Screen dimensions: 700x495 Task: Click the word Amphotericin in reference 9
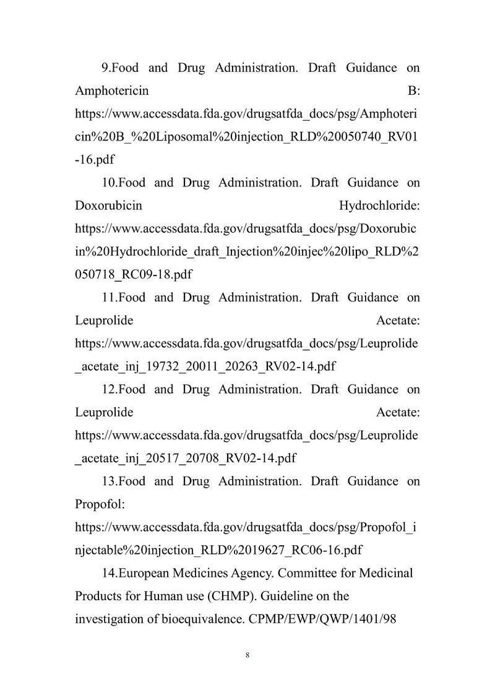[111, 91]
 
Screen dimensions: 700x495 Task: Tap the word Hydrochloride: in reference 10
[379, 205]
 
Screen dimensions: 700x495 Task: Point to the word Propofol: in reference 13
[100, 504]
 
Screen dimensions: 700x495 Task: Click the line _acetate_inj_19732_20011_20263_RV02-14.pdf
[205, 366]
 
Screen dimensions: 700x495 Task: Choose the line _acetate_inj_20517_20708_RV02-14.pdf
[184, 459]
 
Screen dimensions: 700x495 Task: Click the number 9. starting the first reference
[105, 68]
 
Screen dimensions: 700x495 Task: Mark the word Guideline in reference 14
[289, 596]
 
